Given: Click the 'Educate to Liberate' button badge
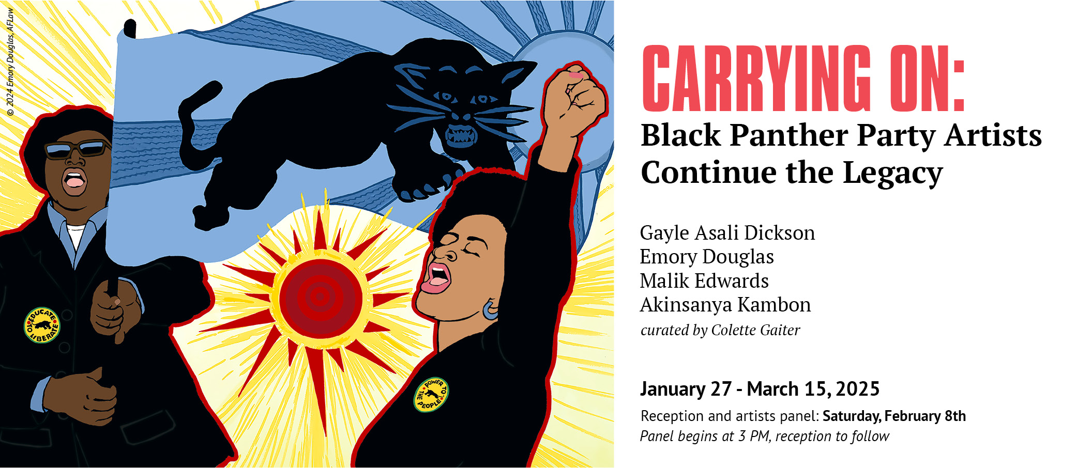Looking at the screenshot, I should (x=42, y=325).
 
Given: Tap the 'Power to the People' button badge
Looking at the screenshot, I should (x=431, y=395).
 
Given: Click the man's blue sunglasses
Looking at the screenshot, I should (x=78, y=149).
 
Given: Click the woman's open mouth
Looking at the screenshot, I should (x=437, y=277).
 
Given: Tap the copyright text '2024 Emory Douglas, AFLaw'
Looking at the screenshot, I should (x=10, y=62).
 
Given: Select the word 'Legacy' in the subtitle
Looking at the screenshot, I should (x=893, y=173).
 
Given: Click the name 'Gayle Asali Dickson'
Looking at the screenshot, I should (x=727, y=233).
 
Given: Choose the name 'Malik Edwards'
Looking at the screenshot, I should (x=704, y=281).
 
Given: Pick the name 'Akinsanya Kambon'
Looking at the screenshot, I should (x=725, y=305).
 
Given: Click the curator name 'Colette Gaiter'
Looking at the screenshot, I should (x=755, y=330).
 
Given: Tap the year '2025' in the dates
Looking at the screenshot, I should (x=857, y=389).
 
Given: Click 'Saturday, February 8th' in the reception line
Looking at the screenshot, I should (x=894, y=416).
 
